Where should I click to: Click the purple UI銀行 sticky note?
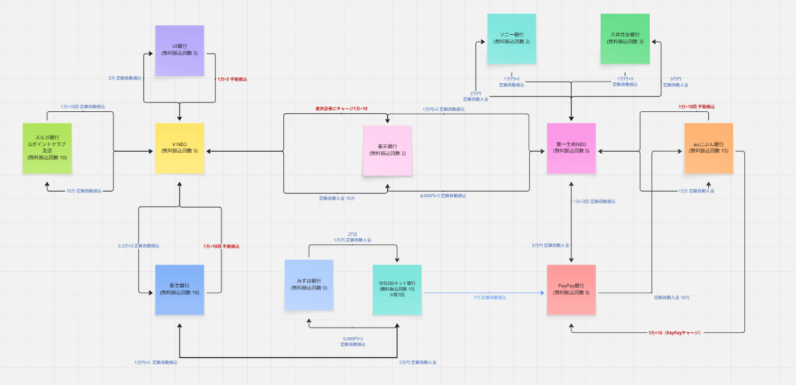[180, 50]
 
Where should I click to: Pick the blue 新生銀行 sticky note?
[180, 290]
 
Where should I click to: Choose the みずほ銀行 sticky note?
[309, 285]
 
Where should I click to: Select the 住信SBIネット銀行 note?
[397, 290]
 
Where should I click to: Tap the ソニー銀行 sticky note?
[512, 39]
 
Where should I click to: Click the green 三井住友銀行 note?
[625, 39]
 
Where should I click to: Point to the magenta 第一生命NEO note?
[571, 148]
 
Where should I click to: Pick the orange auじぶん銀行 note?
[708, 148]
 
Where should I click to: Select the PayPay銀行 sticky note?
[571, 290]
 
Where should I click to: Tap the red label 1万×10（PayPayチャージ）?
[674, 333]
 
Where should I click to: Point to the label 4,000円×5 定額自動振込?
[443, 195]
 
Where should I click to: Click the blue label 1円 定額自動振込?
[490, 297]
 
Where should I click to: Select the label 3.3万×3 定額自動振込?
[138, 245]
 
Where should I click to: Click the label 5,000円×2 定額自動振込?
[352, 342]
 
